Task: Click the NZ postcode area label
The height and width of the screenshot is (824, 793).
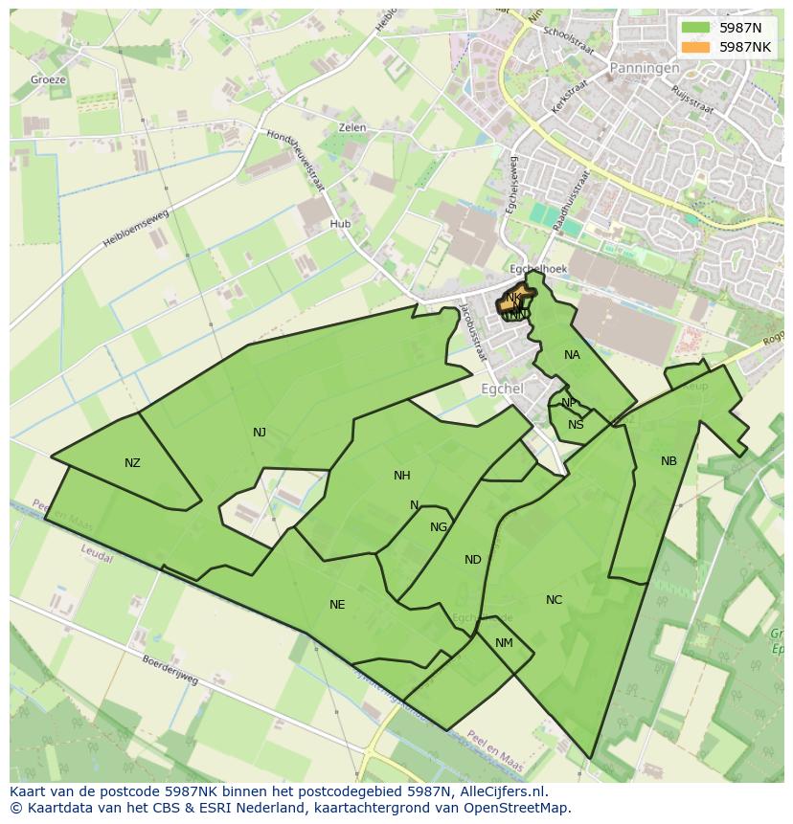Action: (132, 463)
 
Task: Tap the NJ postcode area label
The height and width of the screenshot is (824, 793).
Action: (260, 433)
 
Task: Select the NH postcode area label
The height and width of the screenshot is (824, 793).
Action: (401, 476)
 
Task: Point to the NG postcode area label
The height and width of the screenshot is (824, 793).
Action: (439, 527)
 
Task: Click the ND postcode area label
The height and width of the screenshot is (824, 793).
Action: (473, 560)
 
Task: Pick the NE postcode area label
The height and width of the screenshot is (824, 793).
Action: (337, 605)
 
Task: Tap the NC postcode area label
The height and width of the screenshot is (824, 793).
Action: (554, 600)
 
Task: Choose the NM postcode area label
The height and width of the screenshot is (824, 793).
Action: (504, 643)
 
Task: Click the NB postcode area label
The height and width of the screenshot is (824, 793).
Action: (668, 461)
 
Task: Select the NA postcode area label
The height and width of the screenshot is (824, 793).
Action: (572, 355)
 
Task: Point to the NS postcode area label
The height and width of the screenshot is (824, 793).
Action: (576, 425)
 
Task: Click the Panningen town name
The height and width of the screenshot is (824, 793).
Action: (645, 68)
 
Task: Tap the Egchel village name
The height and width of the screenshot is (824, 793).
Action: (502, 390)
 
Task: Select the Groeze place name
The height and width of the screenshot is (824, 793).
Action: (48, 79)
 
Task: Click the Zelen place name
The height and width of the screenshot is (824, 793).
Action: (352, 127)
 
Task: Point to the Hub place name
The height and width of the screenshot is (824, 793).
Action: (340, 224)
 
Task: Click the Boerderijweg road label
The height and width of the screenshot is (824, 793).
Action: (170, 669)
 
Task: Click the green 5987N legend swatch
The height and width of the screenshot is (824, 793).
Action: (696, 28)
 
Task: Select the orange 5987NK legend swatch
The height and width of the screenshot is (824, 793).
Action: (696, 47)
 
